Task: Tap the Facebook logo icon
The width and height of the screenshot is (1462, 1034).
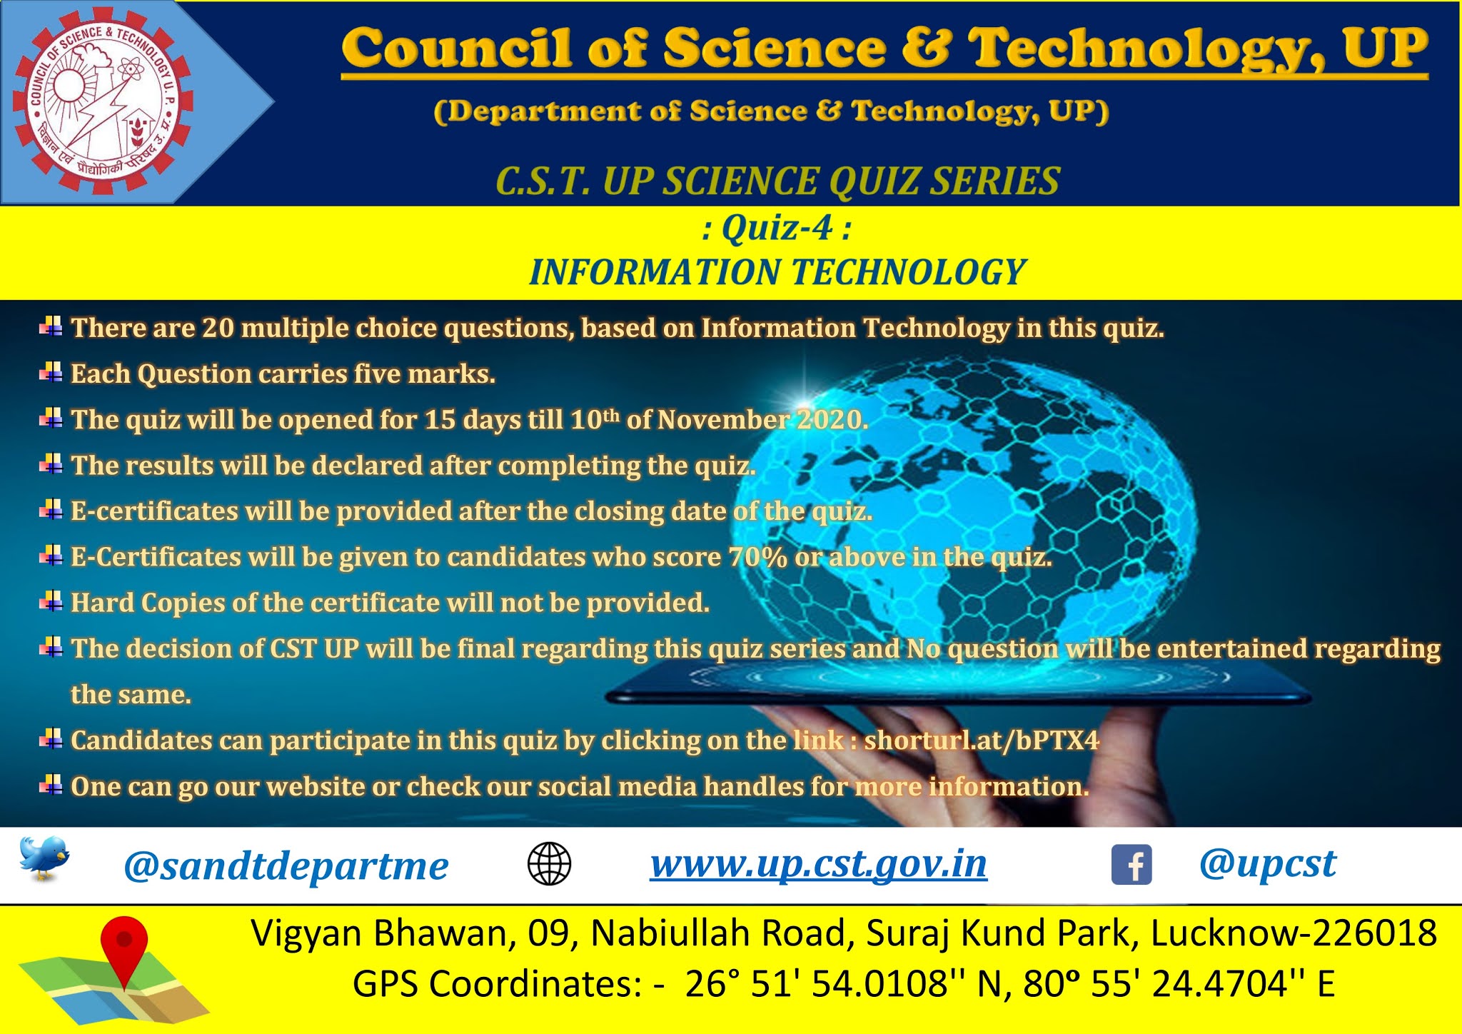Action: pyautogui.click(x=1131, y=865)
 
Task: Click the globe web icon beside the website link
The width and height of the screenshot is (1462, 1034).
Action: pyautogui.click(x=549, y=864)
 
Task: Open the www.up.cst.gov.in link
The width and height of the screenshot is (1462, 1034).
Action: pyautogui.click(x=818, y=864)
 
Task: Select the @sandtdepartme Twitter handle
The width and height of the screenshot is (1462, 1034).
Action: pyautogui.click(x=286, y=866)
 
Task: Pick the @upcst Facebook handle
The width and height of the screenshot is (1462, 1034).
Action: pyautogui.click(x=1267, y=864)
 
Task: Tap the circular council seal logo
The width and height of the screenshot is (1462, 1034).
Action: pyautogui.click(x=102, y=103)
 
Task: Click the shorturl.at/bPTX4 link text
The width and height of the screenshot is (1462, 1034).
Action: pyautogui.click(x=982, y=740)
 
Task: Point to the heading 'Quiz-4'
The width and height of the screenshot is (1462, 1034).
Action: pyautogui.click(x=777, y=229)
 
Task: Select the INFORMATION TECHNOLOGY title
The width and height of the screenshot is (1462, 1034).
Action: pyautogui.click(x=777, y=272)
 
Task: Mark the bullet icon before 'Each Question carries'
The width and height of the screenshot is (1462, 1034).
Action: pyautogui.click(x=51, y=373)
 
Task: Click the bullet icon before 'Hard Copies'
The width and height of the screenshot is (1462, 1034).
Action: pyautogui.click(x=51, y=602)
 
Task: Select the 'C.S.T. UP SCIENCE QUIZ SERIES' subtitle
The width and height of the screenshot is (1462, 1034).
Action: pyautogui.click(x=777, y=181)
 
